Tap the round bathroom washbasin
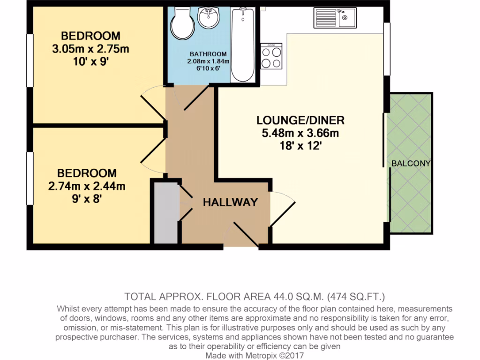coord(208,17)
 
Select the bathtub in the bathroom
coord(243,45)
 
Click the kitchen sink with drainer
coord(335,18)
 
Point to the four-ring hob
coord(271,56)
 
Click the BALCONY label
coord(411,164)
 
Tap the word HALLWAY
coord(231,202)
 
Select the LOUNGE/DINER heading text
coord(300,120)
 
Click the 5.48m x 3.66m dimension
coord(300,133)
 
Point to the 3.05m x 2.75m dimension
coord(90,49)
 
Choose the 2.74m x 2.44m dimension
coord(87,186)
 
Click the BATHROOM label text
coord(208,54)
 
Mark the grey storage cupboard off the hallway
coord(166,213)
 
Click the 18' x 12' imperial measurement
coord(300,146)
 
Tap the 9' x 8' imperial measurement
coord(87,199)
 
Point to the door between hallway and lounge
coord(282,209)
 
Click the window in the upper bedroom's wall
coord(30,60)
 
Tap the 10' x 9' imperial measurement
coord(91,62)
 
